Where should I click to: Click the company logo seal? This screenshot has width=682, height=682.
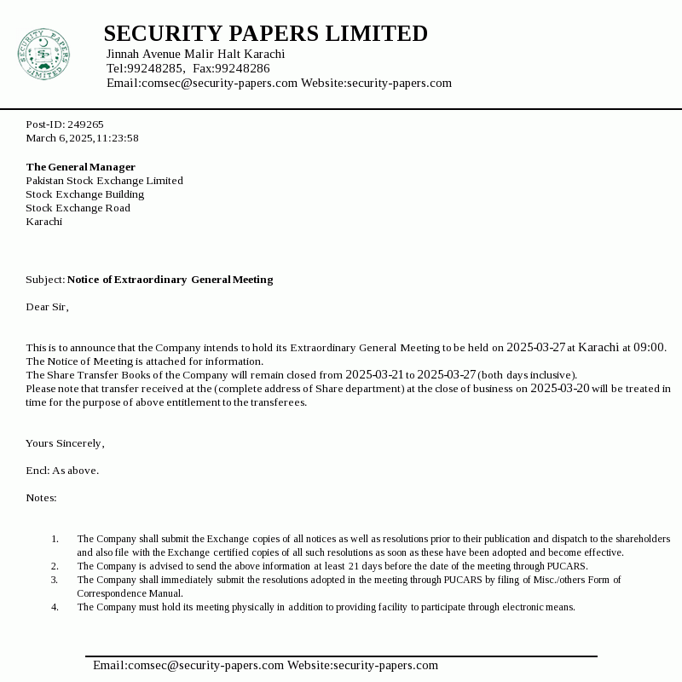(43, 54)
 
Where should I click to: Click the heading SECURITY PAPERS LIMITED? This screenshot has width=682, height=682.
(265, 33)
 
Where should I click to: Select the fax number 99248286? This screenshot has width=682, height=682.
(242, 68)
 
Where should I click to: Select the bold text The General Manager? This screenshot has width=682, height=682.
(80, 167)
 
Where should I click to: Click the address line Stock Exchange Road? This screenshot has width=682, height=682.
(78, 208)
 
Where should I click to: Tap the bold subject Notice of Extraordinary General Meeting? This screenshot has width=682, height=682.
(170, 280)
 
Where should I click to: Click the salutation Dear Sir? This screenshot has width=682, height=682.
(47, 307)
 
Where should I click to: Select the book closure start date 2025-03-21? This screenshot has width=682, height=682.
(373, 374)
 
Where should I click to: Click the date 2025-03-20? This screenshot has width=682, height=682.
(559, 388)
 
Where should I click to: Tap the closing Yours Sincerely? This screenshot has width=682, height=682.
(65, 443)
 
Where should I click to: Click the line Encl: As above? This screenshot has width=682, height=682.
(62, 471)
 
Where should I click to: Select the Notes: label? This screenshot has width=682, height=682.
(41, 498)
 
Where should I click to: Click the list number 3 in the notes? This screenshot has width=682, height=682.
(55, 580)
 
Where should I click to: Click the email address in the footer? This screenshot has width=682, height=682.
(188, 665)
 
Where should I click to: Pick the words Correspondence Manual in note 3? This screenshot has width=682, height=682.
(130, 593)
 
